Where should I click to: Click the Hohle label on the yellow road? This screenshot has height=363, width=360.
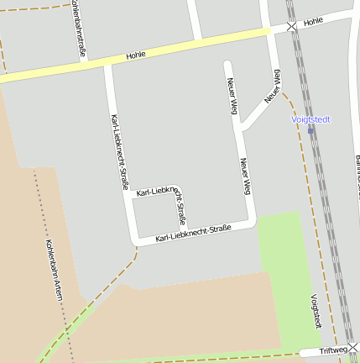[136, 55]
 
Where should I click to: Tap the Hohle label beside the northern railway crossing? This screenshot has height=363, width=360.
[313, 21]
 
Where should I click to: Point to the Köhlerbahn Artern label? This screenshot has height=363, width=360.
[54, 273]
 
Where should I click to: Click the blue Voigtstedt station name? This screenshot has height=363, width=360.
[310, 119]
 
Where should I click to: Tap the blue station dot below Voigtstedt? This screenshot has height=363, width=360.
[310, 130]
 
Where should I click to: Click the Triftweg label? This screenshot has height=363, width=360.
[332, 350]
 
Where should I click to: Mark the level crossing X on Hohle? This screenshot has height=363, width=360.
[291, 27]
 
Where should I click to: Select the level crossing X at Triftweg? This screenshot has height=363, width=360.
[353, 346]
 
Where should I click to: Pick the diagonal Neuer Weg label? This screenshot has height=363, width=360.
[272, 87]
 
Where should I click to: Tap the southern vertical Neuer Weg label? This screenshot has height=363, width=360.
[245, 175]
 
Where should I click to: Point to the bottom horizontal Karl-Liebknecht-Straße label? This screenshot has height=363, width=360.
[193, 234]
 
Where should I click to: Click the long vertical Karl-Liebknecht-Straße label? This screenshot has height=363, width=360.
[119, 151]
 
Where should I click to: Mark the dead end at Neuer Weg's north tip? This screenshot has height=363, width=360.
[227, 63]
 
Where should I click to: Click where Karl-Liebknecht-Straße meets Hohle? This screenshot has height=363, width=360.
[108, 64]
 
